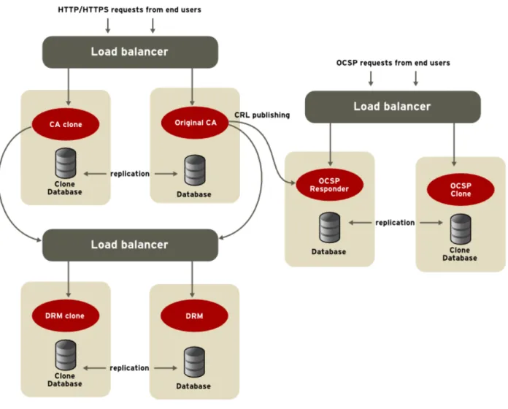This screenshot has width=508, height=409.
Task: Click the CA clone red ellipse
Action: tap(66, 124)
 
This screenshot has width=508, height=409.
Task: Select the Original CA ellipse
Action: tap(195, 123)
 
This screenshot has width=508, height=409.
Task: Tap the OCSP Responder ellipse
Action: tap(329, 185)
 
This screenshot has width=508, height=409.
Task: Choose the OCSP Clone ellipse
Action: tap(461, 190)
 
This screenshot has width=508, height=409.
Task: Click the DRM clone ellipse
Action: tap(66, 316)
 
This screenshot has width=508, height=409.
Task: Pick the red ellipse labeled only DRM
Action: tap(194, 316)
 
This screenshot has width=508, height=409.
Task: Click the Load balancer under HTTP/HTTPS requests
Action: tap(130, 52)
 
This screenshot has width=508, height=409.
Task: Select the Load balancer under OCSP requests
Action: tap(393, 107)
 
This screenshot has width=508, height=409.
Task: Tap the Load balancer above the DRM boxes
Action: tap(130, 245)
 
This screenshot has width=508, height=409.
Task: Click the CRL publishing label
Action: tap(262, 115)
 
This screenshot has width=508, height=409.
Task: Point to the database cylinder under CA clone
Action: tap(66, 164)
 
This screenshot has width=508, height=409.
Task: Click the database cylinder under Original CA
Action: tap(195, 170)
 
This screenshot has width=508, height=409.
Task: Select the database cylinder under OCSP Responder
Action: tap(330, 228)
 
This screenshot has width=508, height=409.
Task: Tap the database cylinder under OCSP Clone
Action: tap(461, 229)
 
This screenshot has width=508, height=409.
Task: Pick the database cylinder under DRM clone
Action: tap(66, 355)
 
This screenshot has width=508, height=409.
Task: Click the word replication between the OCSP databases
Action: tap(395, 223)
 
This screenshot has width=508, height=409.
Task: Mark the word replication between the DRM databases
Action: tap(129, 368)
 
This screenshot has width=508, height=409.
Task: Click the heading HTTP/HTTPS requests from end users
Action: tap(129, 9)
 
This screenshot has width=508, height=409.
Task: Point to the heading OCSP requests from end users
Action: tap(393, 63)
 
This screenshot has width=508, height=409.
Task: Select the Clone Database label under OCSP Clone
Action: tap(460, 254)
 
